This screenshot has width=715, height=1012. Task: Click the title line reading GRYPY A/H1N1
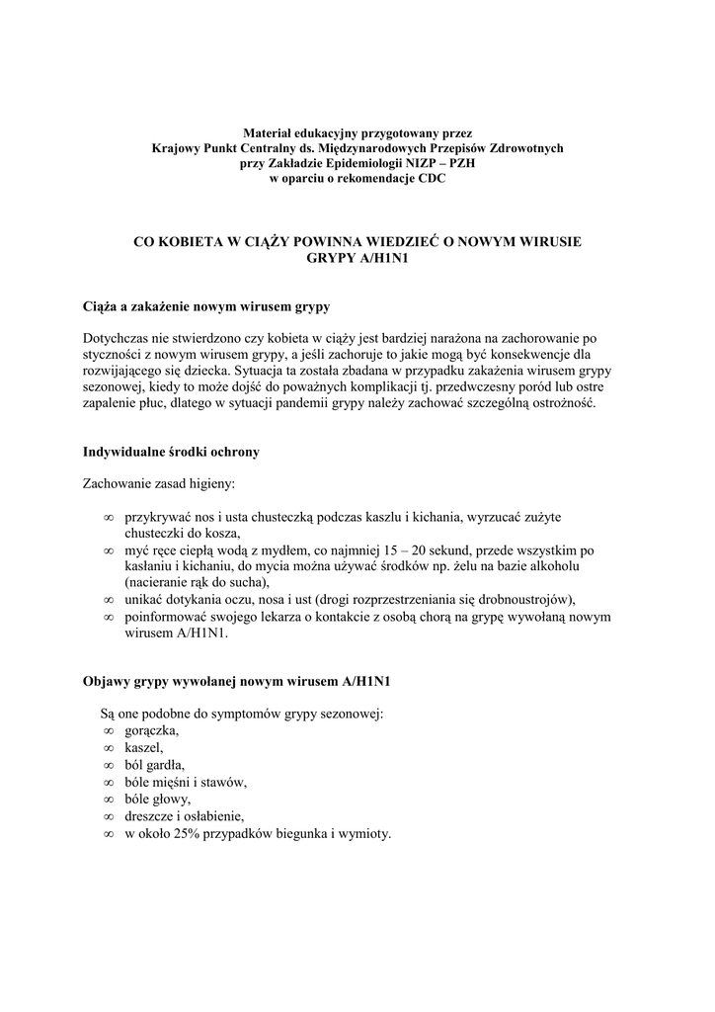click(357, 258)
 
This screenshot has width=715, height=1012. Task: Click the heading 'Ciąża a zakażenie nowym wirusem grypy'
click(205, 306)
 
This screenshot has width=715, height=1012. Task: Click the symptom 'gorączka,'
click(152, 730)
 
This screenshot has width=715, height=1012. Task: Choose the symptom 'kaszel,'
click(144, 748)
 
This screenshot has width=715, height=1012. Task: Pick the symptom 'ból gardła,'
click(154, 765)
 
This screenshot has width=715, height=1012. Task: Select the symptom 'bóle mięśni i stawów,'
click(186, 782)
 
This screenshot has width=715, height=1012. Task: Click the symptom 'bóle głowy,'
click(158, 799)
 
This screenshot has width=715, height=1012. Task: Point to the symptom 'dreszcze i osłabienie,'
click(184, 816)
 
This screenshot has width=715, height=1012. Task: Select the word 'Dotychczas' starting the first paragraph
click(117, 338)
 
